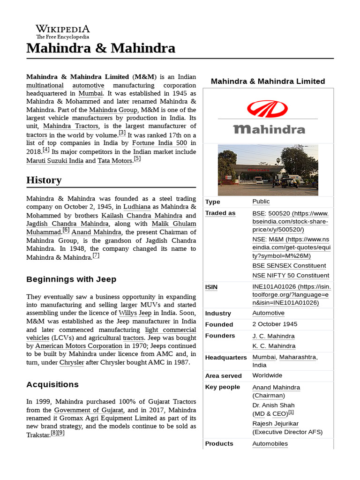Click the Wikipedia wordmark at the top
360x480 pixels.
[x=62, y=29]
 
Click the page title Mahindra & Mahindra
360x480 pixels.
[x=101, y=48]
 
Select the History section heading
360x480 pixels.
[x=44, y=180]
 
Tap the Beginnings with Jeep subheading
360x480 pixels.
[x=71, y=279]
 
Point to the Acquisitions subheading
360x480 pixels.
[x=52, y=384]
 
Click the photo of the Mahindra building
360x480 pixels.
[x=268, y=170]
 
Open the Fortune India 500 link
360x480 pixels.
[x=159, y=142]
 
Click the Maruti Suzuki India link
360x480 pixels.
[x=55, y=161]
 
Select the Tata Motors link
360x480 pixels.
[x=115, y=161]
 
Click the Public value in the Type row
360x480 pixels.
[x=261, y=201]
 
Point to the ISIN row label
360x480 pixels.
[x=211, y=287]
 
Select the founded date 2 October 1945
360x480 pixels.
[x=275, y=324]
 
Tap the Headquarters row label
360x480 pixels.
[x=226, y=357]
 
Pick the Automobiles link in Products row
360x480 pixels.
[x=270, y=443]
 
